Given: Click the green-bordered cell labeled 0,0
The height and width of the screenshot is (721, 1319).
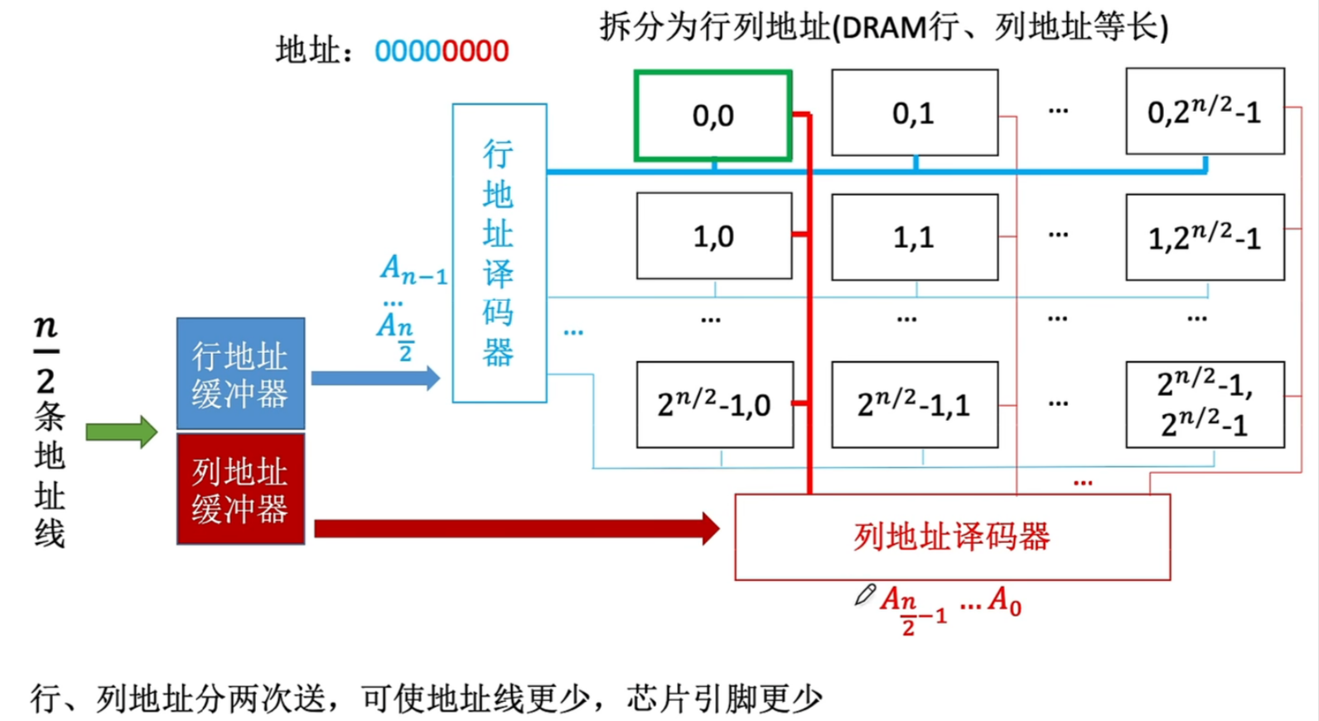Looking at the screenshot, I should [x=713, y=115].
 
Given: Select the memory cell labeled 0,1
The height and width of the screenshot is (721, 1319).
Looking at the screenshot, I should [x=914, y=113].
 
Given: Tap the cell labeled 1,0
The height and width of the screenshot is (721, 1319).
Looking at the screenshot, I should [x=713, y=236].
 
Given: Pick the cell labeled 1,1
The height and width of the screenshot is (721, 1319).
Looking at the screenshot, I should [x=914, y=237].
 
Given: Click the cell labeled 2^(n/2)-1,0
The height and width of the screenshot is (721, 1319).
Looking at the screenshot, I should [x=714, y=404].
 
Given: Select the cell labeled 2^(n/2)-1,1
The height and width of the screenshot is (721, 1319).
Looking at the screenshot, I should [x=914, y=404].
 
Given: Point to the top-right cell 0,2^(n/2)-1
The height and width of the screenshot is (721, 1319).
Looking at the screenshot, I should [x=1205, y=112].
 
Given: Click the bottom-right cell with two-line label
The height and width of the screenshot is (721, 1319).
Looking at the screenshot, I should [x=1205, y=404].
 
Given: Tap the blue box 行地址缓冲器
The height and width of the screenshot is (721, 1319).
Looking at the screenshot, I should [x=240, y=374].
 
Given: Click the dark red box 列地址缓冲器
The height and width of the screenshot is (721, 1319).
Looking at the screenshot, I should [x=240, y=489].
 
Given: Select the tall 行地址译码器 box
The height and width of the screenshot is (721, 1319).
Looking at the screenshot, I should [x=499, y=253].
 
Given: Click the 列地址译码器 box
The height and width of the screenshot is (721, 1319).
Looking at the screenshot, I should [x=952, y=537].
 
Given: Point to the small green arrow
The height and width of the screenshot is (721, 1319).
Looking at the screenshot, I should [x=121, y=432].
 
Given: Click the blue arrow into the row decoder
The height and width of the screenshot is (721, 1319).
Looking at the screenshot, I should [x=375, y=379].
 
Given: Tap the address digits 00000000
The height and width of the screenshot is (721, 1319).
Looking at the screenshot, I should [x=442, y=51].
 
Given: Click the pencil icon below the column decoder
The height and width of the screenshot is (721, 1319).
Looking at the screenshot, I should [x=865, y=594].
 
